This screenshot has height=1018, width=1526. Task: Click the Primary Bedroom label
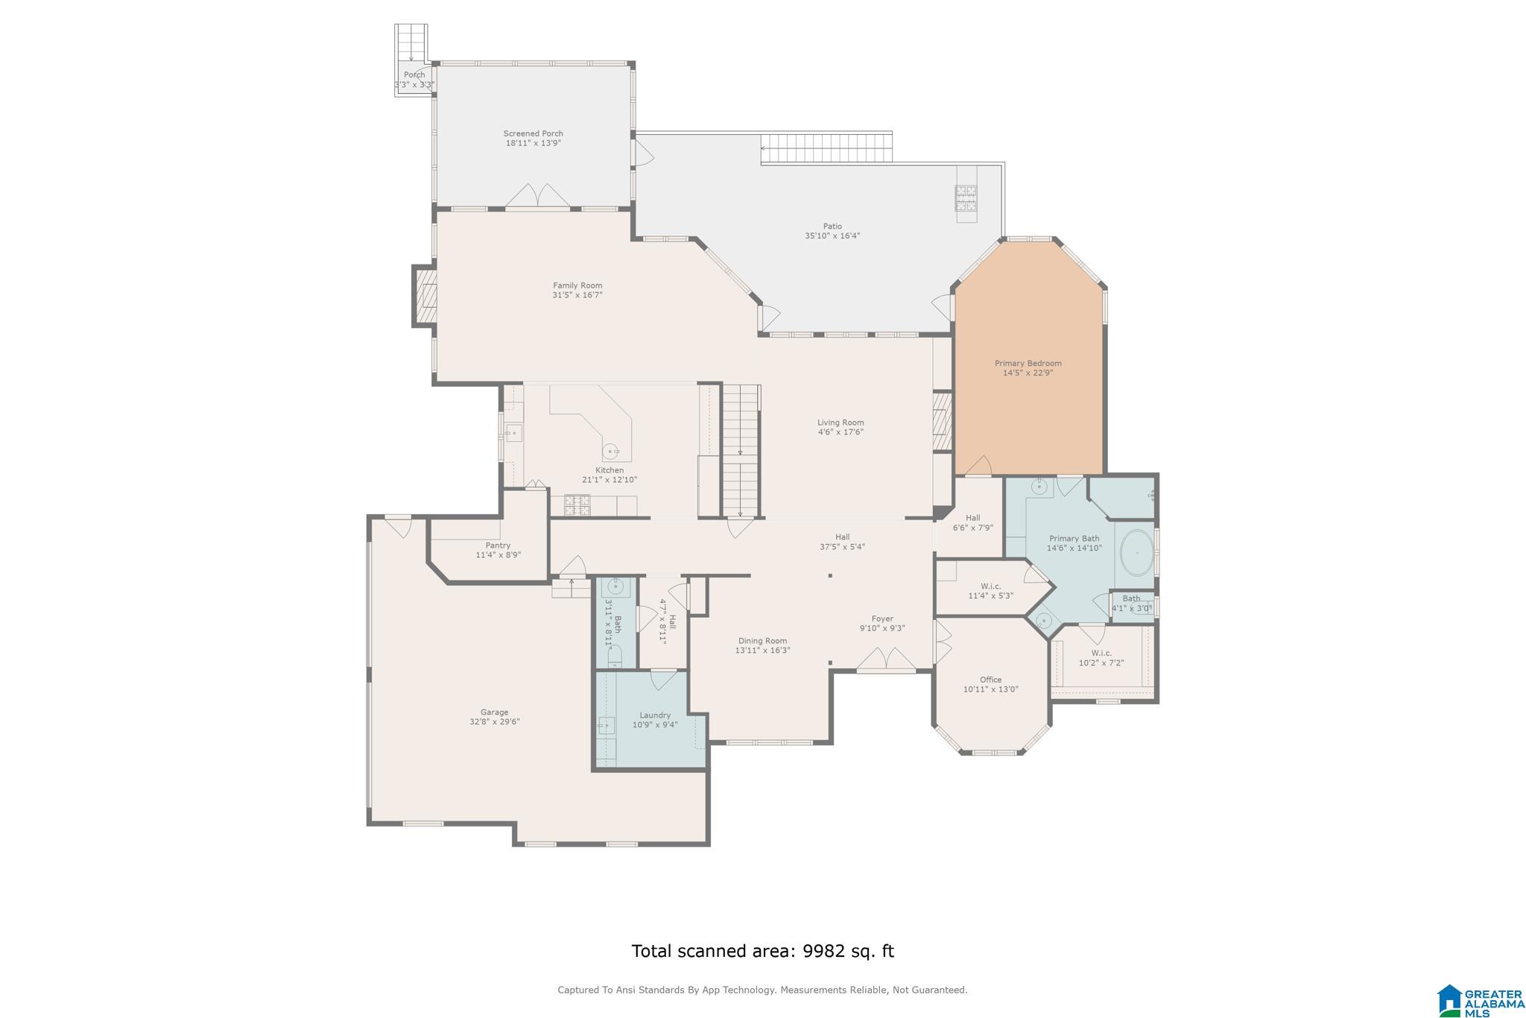[1028, 364]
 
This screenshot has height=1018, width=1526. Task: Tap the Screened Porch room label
[534, 134]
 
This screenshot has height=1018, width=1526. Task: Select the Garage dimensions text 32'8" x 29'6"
[494, 722]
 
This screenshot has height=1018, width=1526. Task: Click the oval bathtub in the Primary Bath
[1137, 552]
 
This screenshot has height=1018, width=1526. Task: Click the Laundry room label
[655, 715]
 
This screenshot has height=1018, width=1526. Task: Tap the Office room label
[990, 680]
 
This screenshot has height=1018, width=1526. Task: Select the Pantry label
[498, 546]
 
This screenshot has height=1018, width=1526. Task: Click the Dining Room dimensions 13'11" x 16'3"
[762, 651]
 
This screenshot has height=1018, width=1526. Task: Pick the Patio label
[832, 227]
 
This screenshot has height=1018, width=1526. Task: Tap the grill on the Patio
[966, 199]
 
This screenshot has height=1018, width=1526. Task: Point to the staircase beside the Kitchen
[741, 450]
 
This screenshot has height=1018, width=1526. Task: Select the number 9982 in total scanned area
[823, 951]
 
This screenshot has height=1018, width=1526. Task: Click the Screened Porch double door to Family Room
[538, 196]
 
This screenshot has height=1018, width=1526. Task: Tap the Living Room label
[840, 423]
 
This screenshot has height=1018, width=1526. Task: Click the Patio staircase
[826, 148]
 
